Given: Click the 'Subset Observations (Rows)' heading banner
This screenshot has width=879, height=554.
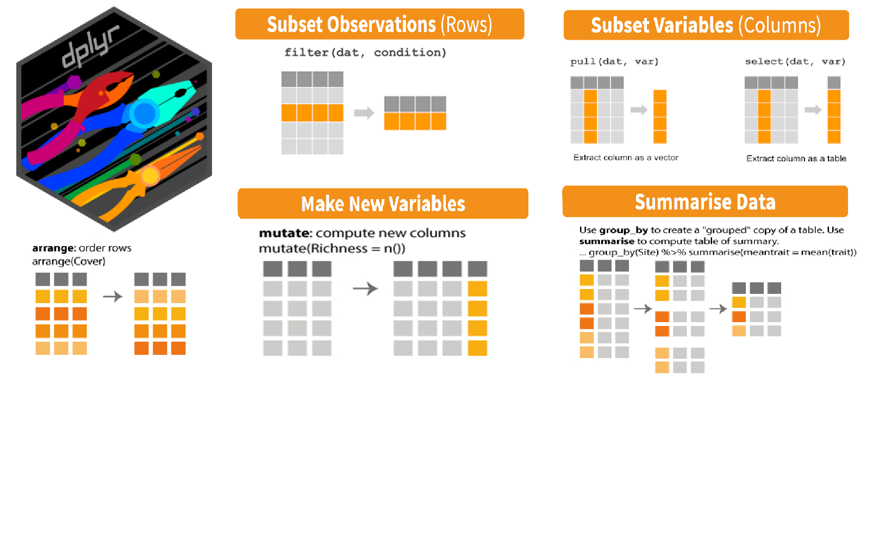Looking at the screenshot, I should point(379,24).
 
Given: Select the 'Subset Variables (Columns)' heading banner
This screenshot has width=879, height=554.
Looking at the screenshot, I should point(706,26).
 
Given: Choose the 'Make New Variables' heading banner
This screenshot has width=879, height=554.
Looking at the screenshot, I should point(383,204).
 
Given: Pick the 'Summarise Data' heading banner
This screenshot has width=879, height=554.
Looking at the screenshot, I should point(705,202).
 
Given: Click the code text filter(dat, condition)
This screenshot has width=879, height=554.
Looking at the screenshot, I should point(365,53).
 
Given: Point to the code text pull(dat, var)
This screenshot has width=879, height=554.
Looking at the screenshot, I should point(614,61).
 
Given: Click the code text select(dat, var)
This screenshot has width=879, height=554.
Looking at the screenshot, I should point(795,61).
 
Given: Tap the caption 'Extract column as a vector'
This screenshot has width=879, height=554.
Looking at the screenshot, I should point(626,158).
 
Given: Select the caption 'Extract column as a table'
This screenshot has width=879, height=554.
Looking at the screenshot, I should point(796,158).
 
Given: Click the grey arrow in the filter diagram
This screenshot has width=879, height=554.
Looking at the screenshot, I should point(364,113).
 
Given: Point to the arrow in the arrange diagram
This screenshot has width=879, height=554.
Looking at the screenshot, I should point(113,297).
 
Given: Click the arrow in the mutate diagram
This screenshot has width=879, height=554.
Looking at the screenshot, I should point(365,288).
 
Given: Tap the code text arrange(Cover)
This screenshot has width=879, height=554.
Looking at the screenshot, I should point(68,261).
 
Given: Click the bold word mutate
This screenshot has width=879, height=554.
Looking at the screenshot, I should point(284,233).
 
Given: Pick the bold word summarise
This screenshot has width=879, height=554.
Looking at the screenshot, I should point(607,241).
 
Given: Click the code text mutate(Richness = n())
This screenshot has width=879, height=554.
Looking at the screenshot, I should point(332,249).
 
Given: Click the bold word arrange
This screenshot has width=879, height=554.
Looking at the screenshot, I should point(53,248).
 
